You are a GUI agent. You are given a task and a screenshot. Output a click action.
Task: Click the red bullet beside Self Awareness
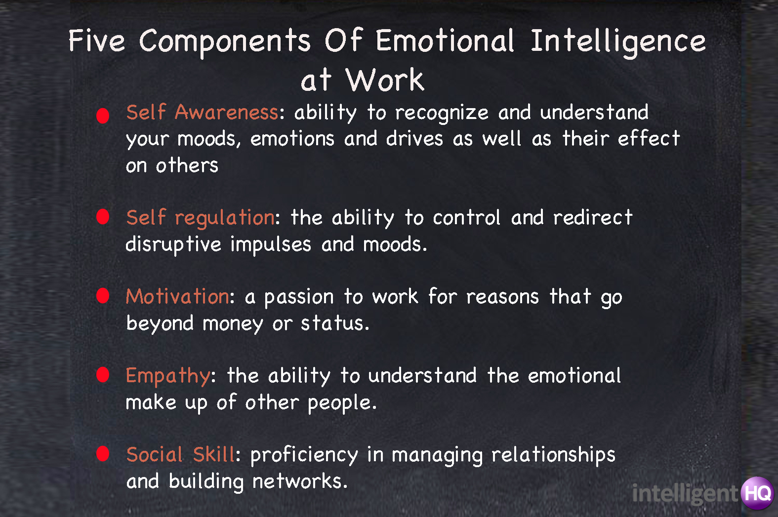tap(103, 115)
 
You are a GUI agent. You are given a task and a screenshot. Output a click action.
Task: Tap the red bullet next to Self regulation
tap(103, 217)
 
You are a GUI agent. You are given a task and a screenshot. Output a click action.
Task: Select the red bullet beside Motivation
tap(103, 295)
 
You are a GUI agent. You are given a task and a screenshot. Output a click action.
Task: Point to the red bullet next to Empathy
tap(103, 375)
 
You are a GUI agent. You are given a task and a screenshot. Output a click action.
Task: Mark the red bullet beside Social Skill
tap(103, 453)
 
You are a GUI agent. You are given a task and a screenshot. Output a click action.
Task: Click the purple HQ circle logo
tap(757, 493)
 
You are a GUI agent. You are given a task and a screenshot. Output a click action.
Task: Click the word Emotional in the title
tap(445, 40)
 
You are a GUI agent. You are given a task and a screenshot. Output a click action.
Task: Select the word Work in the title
tap(384, 80)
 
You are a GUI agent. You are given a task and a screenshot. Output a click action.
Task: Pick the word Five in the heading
tap(96, 40)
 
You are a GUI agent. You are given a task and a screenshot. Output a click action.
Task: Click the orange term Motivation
tap(177, 296)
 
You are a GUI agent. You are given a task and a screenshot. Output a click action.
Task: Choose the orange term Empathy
tap(168, 376)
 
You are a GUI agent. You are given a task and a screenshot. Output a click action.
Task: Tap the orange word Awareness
tap(226, 112)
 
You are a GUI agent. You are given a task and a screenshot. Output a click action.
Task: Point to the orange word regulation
tap(225, 218)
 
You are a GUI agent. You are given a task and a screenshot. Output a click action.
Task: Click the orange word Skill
tap(214, 454)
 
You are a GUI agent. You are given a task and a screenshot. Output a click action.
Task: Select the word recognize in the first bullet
tap(442, 114)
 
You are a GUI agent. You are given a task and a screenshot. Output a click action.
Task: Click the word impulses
tap(271, 245)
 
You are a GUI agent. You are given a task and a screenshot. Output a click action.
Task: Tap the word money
tap(233, 324)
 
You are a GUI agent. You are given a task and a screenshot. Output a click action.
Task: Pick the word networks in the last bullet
tap(300, 481)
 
